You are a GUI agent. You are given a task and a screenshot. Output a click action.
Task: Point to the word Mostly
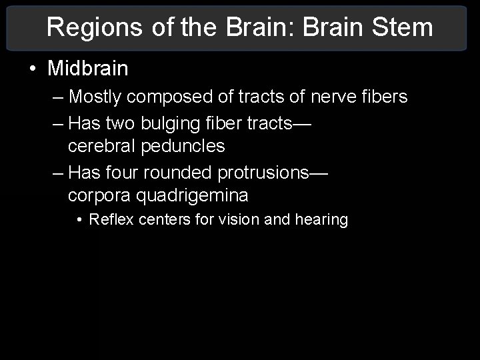(x=95, y=97)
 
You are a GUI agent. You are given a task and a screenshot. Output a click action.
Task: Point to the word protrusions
(x=263, y=172)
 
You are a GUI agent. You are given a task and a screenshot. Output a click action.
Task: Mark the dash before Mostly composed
(x=57, y=97)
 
